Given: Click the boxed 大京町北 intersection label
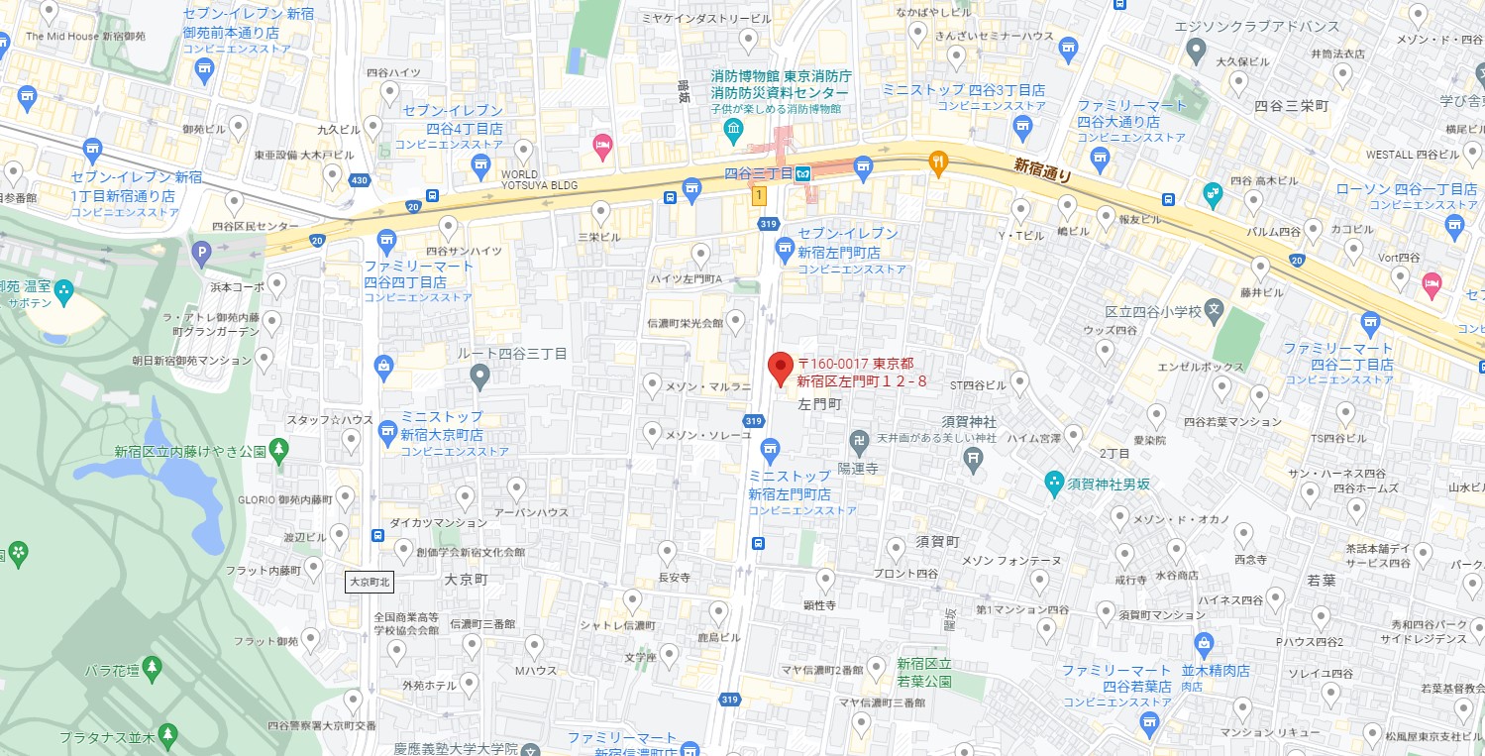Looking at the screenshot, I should [370, 582].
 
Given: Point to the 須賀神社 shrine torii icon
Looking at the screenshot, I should [974, 457].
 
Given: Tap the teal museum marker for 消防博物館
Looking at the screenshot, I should [733, 129].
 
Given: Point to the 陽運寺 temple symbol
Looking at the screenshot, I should [858, 440].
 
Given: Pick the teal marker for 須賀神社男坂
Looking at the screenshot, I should [1054, 484].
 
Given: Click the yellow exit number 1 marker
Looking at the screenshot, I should [759, 196].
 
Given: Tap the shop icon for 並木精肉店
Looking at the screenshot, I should [1204, 643].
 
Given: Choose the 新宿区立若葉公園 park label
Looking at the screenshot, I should [924, 672].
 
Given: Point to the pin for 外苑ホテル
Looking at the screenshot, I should [470, 683].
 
